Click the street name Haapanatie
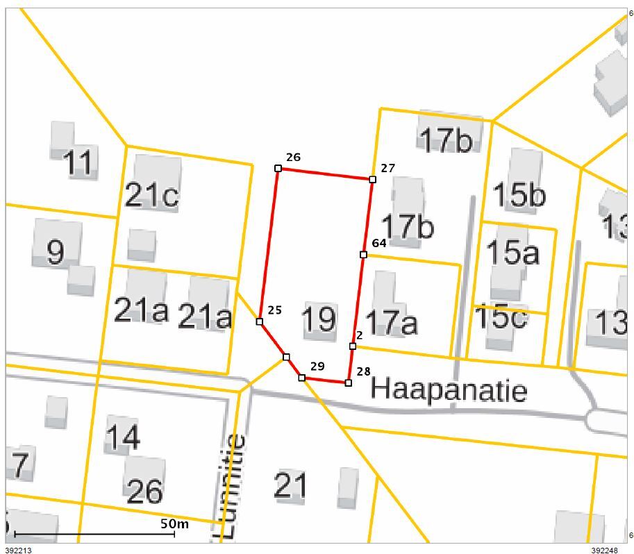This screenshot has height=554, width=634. (449, 389)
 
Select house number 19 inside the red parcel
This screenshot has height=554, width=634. (319, 319)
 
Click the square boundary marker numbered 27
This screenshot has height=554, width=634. (372, 179)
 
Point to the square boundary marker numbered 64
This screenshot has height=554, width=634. (363, 255)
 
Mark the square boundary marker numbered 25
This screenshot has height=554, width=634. (260, 321)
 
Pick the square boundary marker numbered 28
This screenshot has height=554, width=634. (349, 383)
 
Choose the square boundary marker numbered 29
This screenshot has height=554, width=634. (302, 378)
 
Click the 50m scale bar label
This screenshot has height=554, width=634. (174, 524)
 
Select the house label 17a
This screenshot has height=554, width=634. (391, 322)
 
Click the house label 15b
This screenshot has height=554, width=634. (519, 195)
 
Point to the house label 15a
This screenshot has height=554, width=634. (512, 253)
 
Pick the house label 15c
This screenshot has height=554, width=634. (501, 317)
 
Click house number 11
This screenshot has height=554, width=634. (78, 163)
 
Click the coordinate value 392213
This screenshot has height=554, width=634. (18, 550)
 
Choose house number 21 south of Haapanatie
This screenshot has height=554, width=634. (290, 485)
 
